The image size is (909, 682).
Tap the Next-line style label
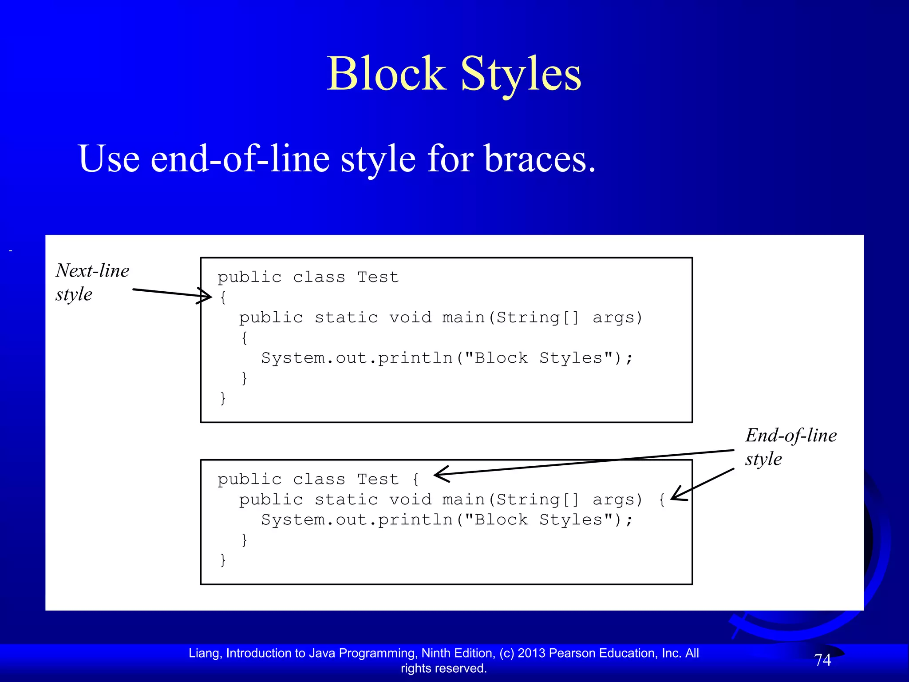coord(92,282)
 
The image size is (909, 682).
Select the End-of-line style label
coord(790,447)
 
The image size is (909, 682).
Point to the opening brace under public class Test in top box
coord(223,297)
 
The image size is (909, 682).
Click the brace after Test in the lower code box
coord(415,479)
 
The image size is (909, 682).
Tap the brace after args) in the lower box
coord(662,500)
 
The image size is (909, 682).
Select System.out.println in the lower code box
coord(357,519)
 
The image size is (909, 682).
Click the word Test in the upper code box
coord(378,277)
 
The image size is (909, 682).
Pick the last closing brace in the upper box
coord(223,398)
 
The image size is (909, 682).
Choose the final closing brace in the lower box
coord(223,559)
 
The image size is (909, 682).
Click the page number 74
coord(822,660)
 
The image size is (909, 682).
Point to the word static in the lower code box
coord(346,500)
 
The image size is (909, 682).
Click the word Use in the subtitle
coord(109,159)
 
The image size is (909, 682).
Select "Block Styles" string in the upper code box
coord(539,358)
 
